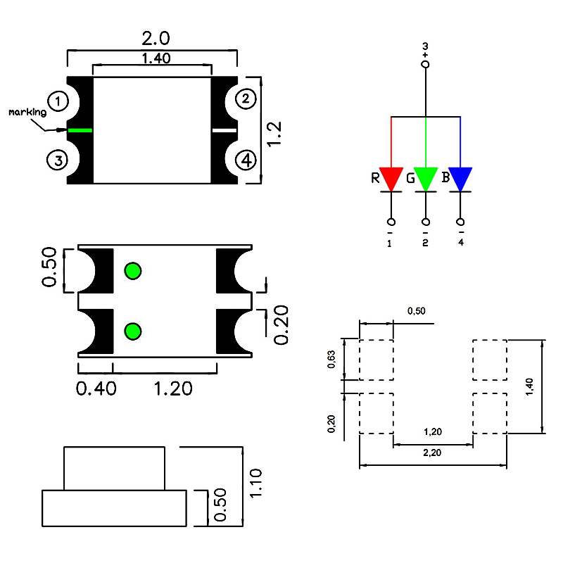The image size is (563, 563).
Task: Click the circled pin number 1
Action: pos(59,101)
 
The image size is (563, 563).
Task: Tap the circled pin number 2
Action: pos(245,99)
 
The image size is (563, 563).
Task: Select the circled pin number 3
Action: pos(57,160)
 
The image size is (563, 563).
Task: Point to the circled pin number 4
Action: pos(246,160)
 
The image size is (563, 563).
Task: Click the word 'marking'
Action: pos(27,113)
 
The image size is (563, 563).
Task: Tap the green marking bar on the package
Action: pos(80,130)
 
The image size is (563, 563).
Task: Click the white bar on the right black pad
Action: pos(224,130)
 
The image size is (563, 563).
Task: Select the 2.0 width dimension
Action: pos(156,37)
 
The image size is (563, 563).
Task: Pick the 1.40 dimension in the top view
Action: pos(156,58)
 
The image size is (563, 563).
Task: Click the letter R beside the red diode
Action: pos(375,177)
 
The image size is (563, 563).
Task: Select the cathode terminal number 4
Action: pos(460,243)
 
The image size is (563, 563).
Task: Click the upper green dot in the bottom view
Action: pos(132,270)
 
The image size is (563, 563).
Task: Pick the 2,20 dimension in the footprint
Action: pos(432,454)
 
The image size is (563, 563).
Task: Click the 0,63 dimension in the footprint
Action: pos(331,360)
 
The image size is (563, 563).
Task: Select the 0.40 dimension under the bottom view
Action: pos(96,388)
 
